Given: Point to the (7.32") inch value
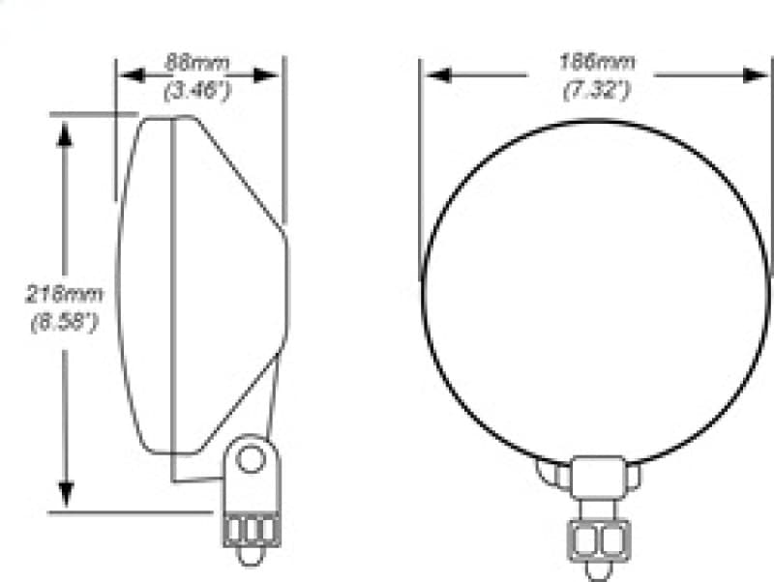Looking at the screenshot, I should point(597,92).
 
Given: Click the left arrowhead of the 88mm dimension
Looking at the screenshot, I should point(127,75).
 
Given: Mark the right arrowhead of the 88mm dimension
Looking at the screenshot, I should point(274,75).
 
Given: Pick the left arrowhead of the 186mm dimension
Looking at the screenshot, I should point(432,75).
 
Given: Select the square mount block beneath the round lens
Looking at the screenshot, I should point(597,478).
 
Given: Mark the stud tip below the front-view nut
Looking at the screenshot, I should point(597,571).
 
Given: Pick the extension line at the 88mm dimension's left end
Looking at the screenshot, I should point(116,87).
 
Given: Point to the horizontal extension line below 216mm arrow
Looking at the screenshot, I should point(126,511).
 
